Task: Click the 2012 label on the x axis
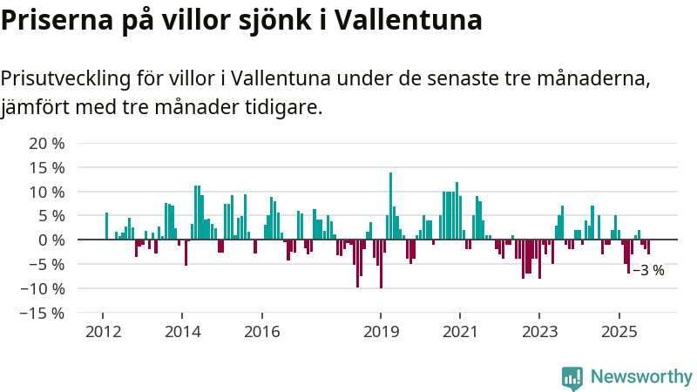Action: click(103, 331)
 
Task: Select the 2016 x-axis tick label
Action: click(261, 331)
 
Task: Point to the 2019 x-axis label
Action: click(381, 331)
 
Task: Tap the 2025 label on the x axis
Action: click(619, 331)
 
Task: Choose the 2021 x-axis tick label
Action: click(460, 331)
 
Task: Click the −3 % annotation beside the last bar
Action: click(648, 271)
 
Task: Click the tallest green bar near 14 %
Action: click(390, 206)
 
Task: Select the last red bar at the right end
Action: click(648, 247)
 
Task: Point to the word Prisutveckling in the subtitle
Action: click(63, 79)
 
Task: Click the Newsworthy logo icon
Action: click(572, 376)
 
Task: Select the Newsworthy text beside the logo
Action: click(641, 376)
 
